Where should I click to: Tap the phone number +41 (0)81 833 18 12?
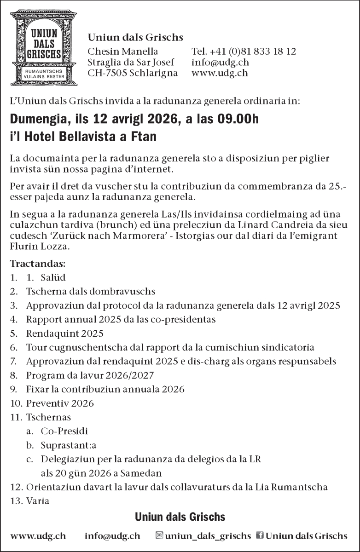click(x=244, y=51)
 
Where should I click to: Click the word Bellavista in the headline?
click(x=90, y=137)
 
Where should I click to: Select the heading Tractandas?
click(x=38, y=264)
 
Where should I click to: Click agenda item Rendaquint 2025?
click(x=65, y=333)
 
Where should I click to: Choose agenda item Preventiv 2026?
click(x=60, y=403)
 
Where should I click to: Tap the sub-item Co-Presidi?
click(x=64, y=431)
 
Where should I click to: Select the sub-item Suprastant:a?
click(x=68, y=445)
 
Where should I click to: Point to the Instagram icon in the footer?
click(x=159, y=535)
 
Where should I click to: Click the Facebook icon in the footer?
click(x=260, y=535)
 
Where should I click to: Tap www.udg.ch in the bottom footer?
click(x=38, y=536)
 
